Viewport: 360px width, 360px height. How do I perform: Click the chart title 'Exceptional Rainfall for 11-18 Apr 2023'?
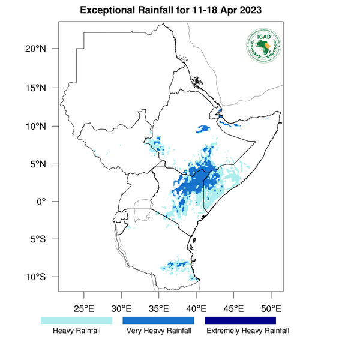coord(179,11)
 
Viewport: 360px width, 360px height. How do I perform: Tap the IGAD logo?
coord(263,46)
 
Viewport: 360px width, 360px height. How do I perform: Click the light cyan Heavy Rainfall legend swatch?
coord(76,320)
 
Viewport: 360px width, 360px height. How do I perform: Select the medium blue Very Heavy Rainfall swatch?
coord(158,320)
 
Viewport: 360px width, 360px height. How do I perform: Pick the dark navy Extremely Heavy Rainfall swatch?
coord(240,320)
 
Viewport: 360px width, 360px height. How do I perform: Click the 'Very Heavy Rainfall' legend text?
coord(158,331)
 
